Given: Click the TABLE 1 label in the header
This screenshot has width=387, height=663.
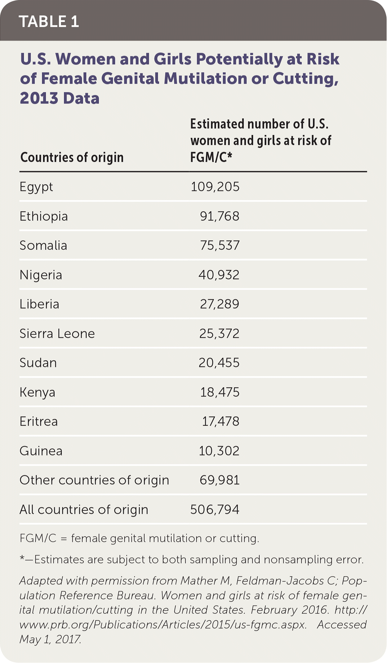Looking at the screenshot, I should point(49,22).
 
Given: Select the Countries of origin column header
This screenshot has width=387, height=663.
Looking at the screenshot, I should point(72,157).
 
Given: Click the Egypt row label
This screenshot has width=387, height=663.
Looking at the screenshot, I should point(36,187).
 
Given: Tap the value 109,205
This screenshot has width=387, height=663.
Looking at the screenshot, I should point(215,187).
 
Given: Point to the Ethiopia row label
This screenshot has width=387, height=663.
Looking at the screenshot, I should point(44,216).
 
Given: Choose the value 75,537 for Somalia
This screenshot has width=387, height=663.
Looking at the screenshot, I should point(219,245).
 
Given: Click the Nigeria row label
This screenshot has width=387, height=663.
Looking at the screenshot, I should point(41,275).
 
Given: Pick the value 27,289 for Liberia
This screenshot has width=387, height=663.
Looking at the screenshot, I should point(219,304).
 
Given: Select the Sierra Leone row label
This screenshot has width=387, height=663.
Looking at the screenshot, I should point(57,334).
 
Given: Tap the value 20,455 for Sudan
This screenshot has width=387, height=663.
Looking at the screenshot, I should point(219,363).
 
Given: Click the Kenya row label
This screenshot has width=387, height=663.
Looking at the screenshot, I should point(37,392).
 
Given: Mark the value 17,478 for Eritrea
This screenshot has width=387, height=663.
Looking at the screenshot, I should point(220,421).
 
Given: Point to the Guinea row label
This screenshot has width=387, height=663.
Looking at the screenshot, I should point(41,451).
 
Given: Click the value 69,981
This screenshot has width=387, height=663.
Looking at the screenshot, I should point(219,480).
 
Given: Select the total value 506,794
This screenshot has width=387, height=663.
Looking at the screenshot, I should point(215,510).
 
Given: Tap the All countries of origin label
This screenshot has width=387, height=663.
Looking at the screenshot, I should point(84,510).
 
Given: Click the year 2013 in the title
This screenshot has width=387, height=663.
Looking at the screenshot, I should point(39,98).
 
